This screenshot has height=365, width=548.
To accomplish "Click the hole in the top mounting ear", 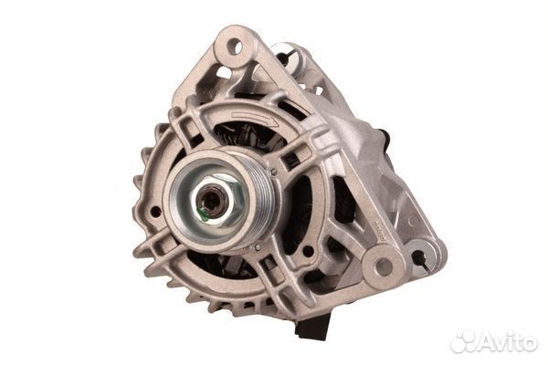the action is click(235, 47).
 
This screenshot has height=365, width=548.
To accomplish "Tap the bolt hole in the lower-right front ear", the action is click(381, 266).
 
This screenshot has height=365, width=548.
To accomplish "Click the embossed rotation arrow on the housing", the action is click(256, 119).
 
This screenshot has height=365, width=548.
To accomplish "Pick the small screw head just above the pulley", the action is click(274, 172).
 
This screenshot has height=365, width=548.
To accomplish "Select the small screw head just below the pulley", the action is click(258, 247).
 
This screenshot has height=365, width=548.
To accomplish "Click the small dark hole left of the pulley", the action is click(155, 211).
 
